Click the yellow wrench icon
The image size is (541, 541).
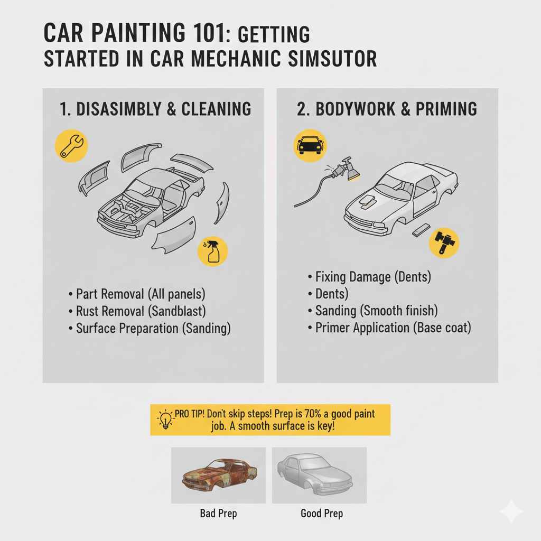[70, 146]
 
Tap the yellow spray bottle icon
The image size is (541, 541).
[212, 250]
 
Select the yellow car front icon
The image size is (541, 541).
[309, 145]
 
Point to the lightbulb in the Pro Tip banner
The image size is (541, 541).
[165, 419]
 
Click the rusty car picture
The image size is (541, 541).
[218, 475]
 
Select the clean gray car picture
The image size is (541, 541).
[319, 475]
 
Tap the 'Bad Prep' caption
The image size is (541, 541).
[218, 513]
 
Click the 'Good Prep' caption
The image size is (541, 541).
[321, 513]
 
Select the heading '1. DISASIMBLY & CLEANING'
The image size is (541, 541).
[155, 109]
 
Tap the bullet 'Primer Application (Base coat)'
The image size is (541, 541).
[392, 328]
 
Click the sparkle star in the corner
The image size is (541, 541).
[511, 511]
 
